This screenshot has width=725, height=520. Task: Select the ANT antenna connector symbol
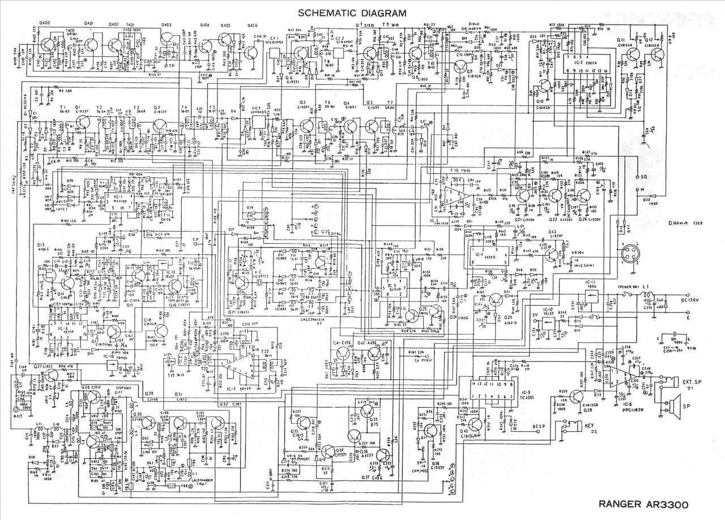pyautogui.click(x=24, y=406)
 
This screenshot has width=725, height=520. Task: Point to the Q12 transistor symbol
pyautogui.click(x=657, y=54)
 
